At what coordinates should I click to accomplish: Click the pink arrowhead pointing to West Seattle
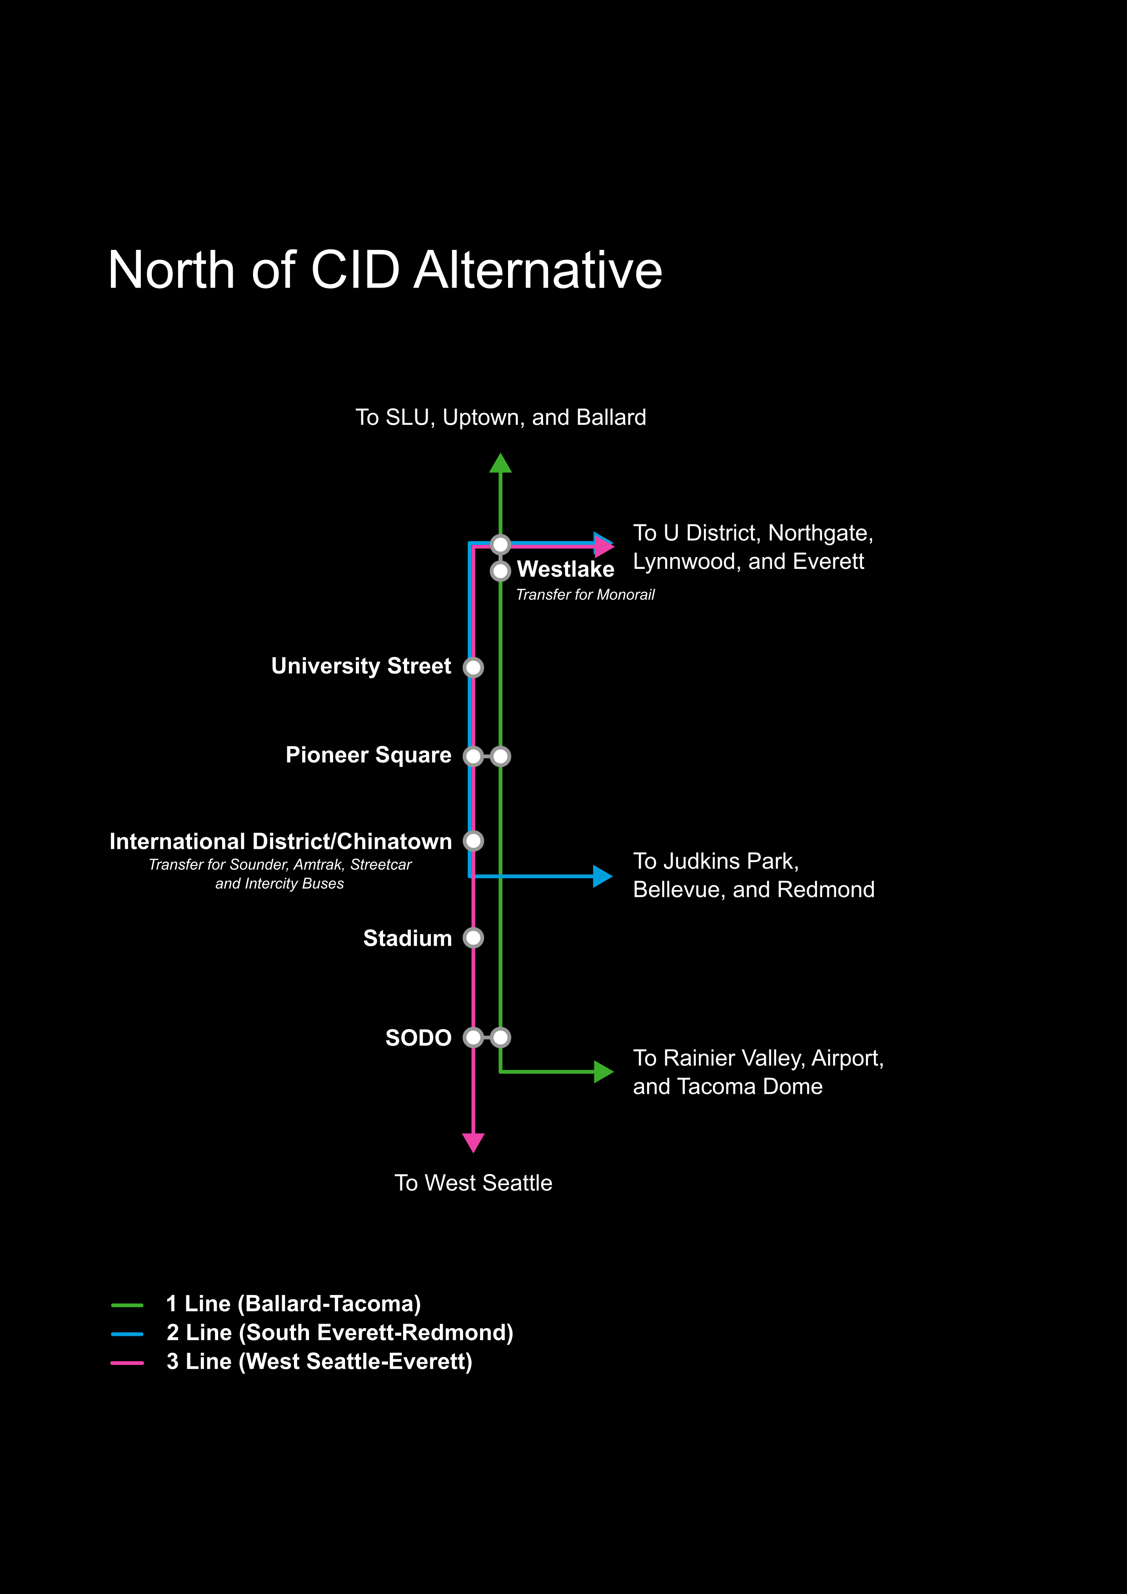pos(473,1141)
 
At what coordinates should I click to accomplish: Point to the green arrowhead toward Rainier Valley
pos(603,1072)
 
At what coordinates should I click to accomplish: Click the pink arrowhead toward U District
pos(604,546)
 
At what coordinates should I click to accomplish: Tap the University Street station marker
pos(473,667)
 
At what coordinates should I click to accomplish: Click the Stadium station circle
pos(473,938)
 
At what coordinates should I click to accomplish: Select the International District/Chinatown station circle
pos(473,841)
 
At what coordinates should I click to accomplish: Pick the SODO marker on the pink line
pos(473,1038)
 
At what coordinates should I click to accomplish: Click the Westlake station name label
pos(565,569)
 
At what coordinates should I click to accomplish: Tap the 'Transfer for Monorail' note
pos(585,595)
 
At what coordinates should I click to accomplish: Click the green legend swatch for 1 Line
pos(127,1305)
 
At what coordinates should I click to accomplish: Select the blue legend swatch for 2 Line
pos(127,1334)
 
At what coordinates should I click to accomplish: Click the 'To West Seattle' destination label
pos(473,1183)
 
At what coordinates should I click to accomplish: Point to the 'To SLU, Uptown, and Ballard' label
pos(501,417)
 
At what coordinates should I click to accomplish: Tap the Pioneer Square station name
pos(368,755)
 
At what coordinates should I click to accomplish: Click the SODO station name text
pos(418,1038)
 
